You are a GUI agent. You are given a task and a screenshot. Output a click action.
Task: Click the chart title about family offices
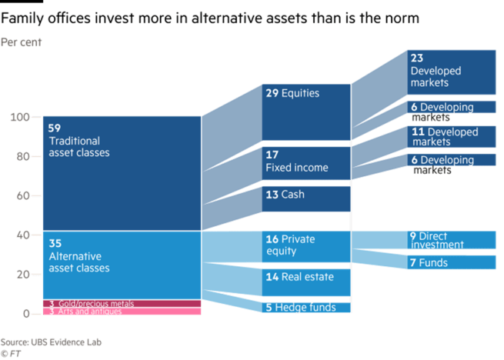pyautogui.click(x=210, y=18)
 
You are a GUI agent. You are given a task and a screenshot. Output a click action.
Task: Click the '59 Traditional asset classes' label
pyautogui.click(x=78, y=141)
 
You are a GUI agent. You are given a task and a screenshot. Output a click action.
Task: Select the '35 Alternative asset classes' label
pyautogui.click(x=78, y=255)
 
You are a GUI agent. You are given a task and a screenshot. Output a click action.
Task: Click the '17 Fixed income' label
pyautogui.click(x=296, y=162)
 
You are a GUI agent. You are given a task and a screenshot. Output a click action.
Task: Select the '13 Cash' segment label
pyautogui.click(x=285, y=195)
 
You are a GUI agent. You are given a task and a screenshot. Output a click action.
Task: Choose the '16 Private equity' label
pyautogui.click(x=290, y=244)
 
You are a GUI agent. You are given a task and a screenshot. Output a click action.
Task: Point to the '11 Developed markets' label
pyautogui.click(x=444, y=137)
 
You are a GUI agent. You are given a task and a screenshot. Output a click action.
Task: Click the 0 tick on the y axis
pyautogui.click(x=25, y=314)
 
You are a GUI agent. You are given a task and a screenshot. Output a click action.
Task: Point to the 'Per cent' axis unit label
pyautogui.click(x=21, y=43)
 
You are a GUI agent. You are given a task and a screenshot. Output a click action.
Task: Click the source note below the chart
pyautogui.click(x=51, y=343)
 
